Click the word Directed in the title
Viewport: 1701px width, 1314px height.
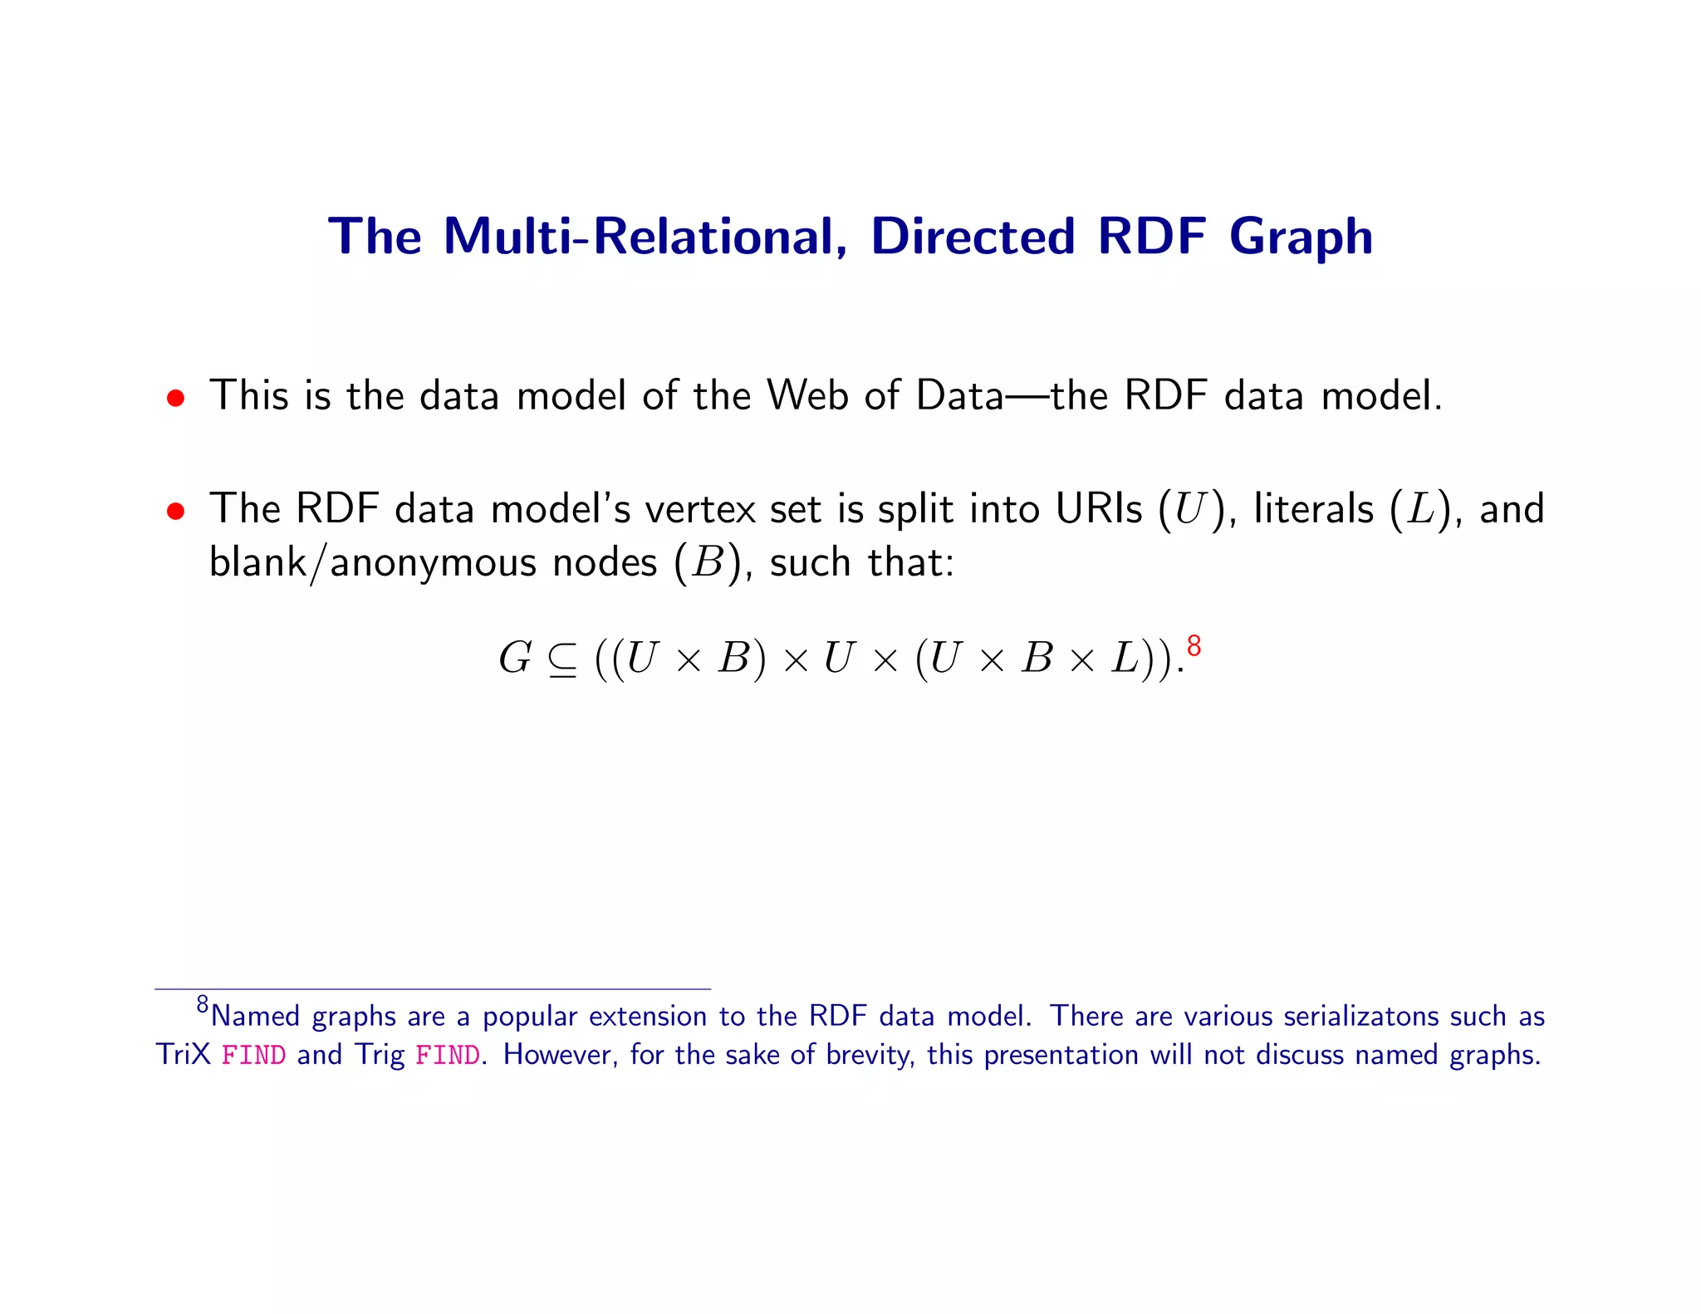click(x=973, y=236)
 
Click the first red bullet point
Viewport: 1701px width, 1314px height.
click(x=174, y=398)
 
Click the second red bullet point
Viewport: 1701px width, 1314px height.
click(x=174, y=511)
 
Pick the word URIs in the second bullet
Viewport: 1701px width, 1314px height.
click(x=1098, y=508)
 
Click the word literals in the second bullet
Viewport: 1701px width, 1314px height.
click(x=1313, y=508)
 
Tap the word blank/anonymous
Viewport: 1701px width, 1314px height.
click(x=433, y=563)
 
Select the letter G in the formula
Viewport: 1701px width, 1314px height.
click(x=515, y=659)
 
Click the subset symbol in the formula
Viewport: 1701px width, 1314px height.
click(x=562, y=661)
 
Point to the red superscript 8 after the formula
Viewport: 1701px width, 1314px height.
click(x=1194, y=645)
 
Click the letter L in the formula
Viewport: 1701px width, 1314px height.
click(x=1126, y=659)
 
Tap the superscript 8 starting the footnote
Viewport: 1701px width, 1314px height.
click(x=203, y=1005)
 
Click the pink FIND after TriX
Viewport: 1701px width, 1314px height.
click(x=253, y=1056)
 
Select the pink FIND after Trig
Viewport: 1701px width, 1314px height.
click(x=447, y=1056)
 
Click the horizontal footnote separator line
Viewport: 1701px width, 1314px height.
click(x=432, y=988)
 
